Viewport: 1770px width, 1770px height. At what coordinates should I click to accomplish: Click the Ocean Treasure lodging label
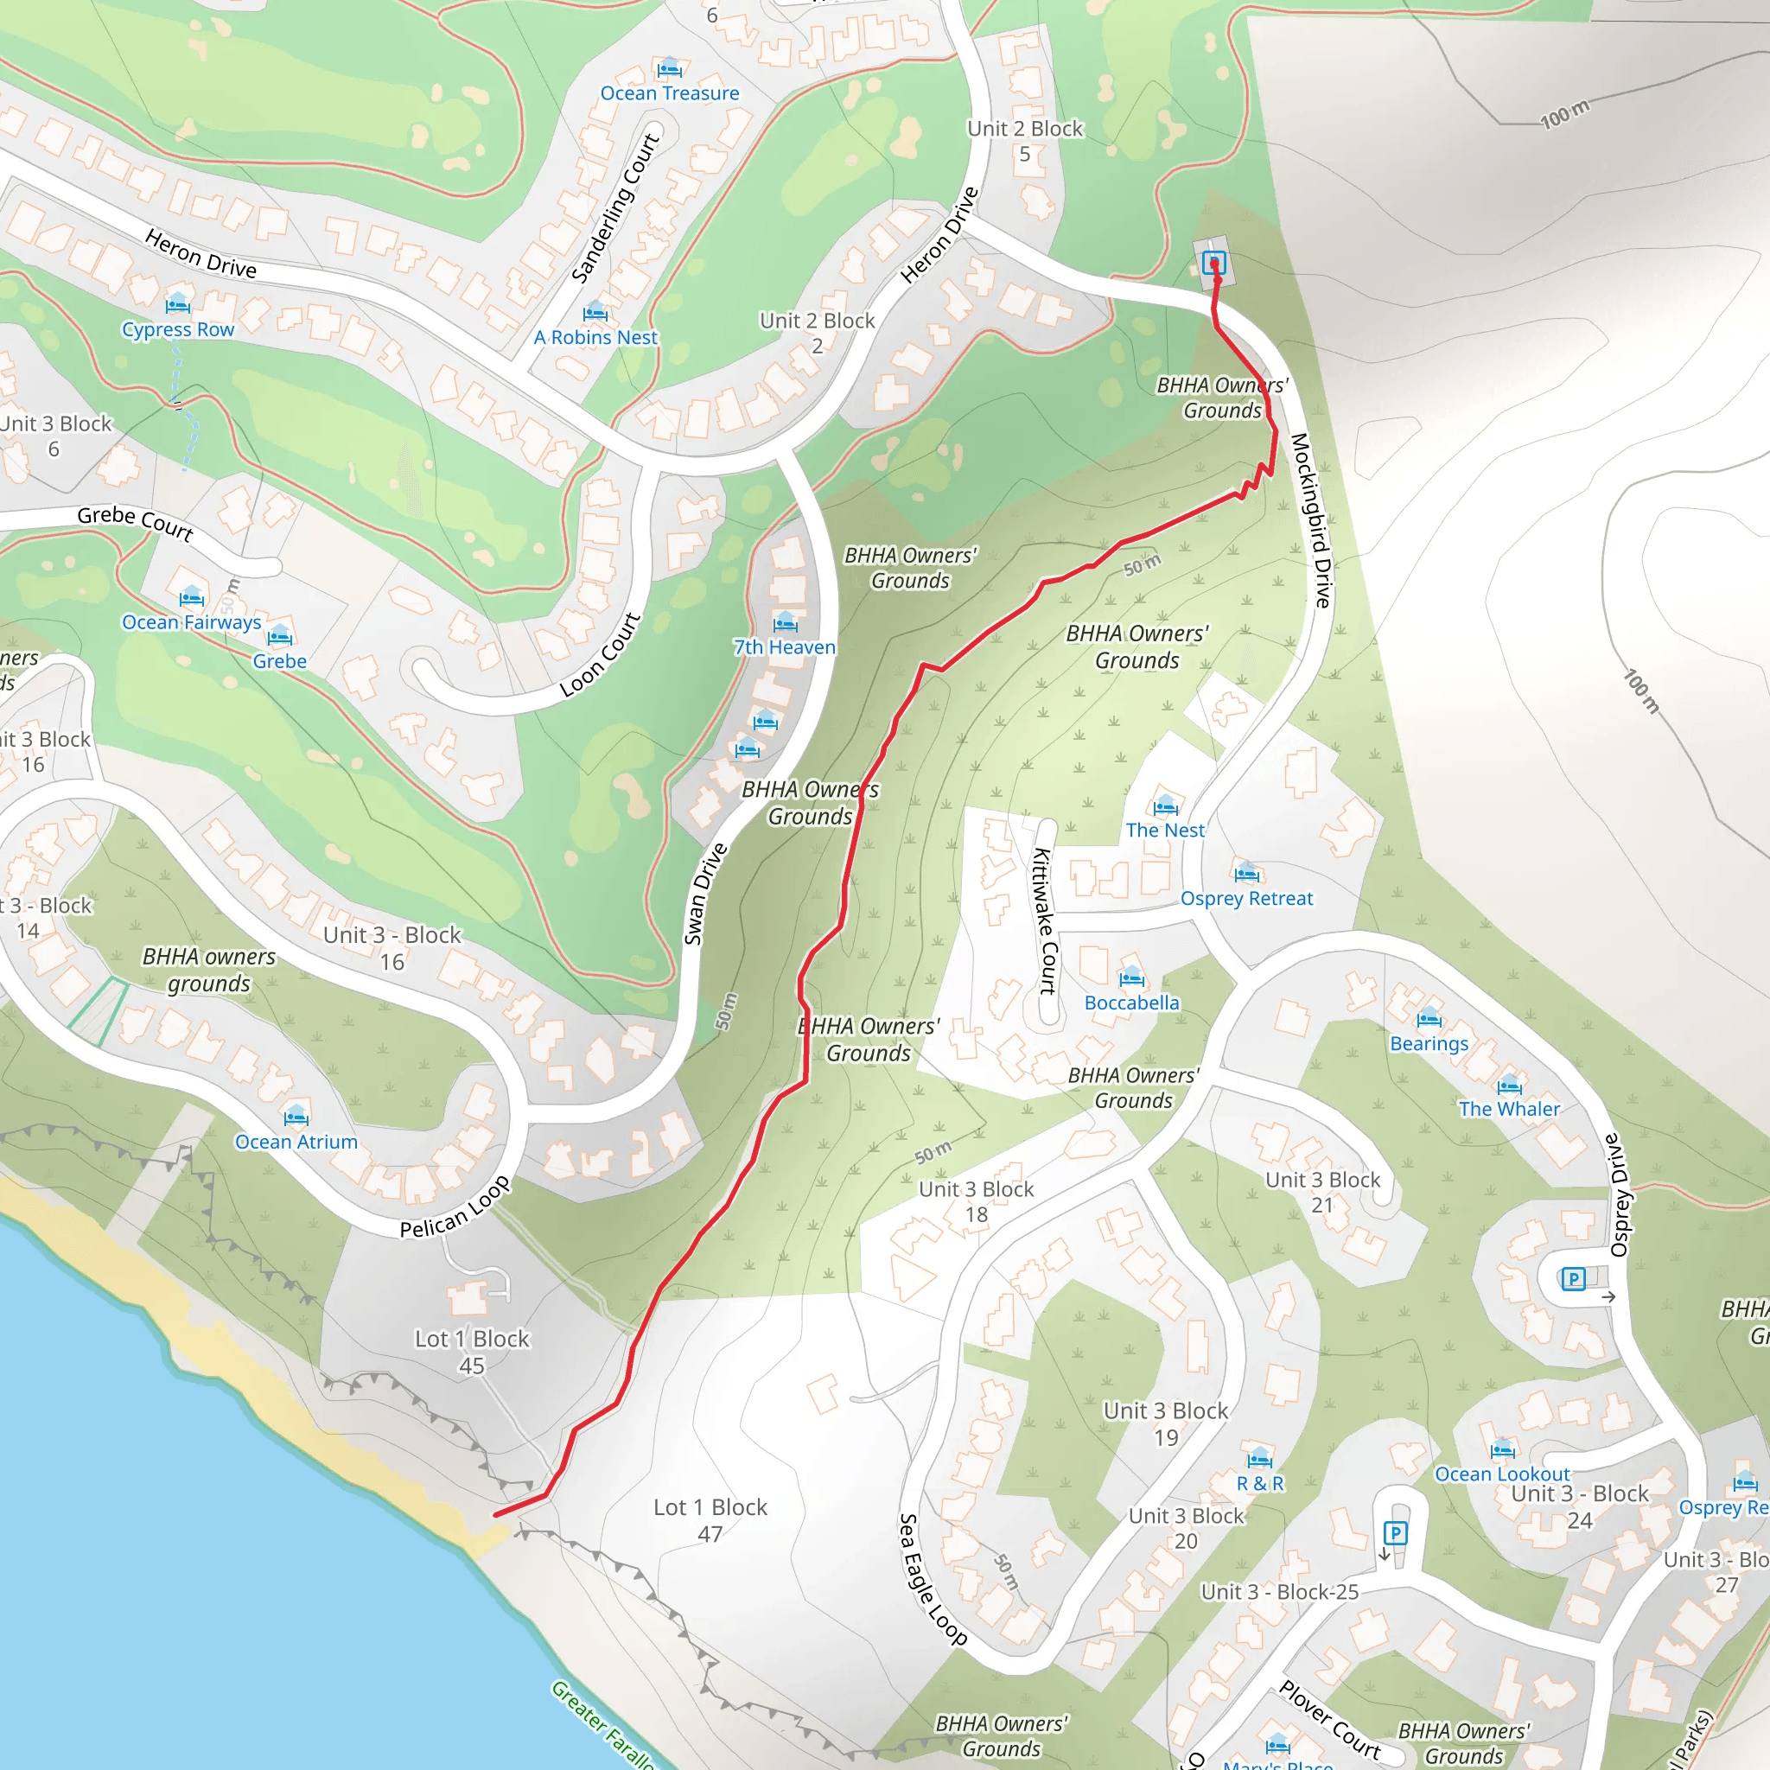(x=670, y=93)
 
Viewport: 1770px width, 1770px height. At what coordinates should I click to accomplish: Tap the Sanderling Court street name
(x=614, y=208)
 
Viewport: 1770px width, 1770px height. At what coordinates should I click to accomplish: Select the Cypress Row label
(x=178, y=330)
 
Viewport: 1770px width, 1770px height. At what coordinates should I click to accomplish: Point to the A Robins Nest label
(x=595, y=338)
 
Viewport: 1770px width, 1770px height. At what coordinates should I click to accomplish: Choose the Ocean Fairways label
(x=192, y=623)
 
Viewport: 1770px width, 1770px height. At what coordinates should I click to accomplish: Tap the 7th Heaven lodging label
(x=784, y=647)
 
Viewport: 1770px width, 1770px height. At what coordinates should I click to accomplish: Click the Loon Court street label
(x=600, y=655)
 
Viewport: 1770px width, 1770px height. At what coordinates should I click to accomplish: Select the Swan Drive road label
(x=705, y=895)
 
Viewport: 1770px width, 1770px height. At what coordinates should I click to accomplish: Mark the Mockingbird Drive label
(x=1310, y=519)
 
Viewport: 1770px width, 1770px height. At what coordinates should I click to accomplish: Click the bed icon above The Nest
(x=1165, y=807)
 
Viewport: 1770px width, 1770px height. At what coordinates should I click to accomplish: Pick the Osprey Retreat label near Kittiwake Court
(x=1246, y=899)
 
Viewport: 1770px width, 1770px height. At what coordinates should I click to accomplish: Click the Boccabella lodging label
(x=1131, y=1003)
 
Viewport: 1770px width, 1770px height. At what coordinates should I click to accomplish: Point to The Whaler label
(x=1509, y=1110)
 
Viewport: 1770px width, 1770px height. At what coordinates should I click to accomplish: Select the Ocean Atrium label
(x=296, y=1143)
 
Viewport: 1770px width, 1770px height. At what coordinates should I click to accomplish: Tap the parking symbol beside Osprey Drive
(x=1573, y=1279)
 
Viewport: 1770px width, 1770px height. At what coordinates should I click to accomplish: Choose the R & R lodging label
(x=1260, y=1484)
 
